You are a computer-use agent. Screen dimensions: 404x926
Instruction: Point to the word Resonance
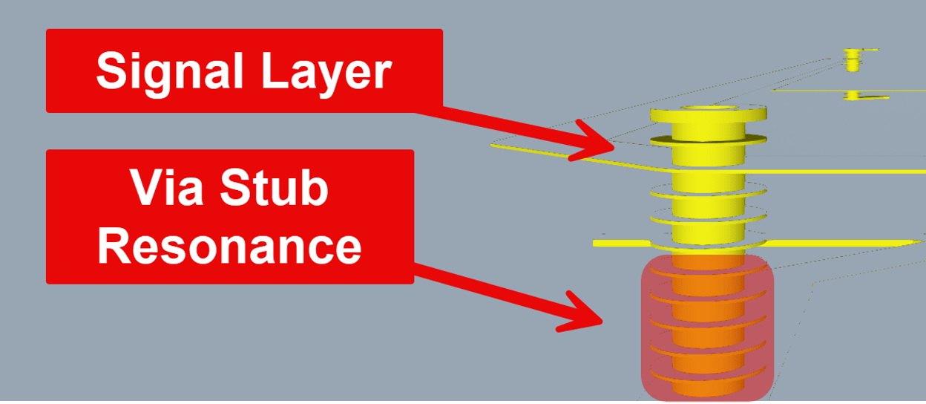(x=229, y=245)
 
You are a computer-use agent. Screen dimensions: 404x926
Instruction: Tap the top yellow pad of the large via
(x=708, y=117)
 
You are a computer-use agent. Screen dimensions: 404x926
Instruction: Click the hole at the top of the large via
(x=709, y=108)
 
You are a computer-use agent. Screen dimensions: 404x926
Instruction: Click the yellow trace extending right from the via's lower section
(x=846, y=244)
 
